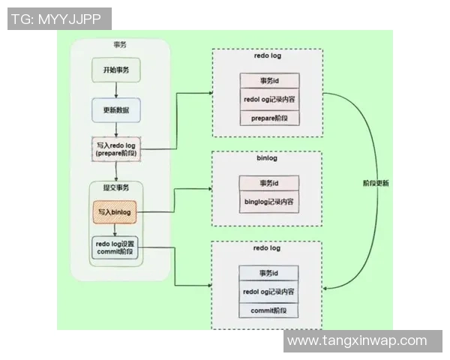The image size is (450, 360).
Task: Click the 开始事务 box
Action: (116, 70)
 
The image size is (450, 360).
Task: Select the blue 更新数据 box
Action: (116, 109)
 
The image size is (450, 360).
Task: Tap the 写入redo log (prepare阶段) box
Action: (115, 148)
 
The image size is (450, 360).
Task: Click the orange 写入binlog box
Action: (115, 212)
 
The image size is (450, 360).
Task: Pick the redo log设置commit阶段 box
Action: (115, 248)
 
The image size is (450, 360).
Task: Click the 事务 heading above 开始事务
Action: (120, 46)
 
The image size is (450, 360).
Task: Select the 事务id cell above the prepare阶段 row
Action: (269, 80)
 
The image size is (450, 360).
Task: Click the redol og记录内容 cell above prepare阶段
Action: (269, 99)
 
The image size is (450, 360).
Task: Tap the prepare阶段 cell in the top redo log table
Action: (269, 117)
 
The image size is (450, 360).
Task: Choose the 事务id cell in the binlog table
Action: (269, 183)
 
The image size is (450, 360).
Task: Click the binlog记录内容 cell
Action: (269, 202)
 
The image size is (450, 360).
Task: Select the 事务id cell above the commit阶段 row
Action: (269, 273)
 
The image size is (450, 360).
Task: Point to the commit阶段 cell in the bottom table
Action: (269, 310)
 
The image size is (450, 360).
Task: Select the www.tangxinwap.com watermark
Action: (357, 340)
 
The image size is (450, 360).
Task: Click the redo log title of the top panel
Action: (267, 56)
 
